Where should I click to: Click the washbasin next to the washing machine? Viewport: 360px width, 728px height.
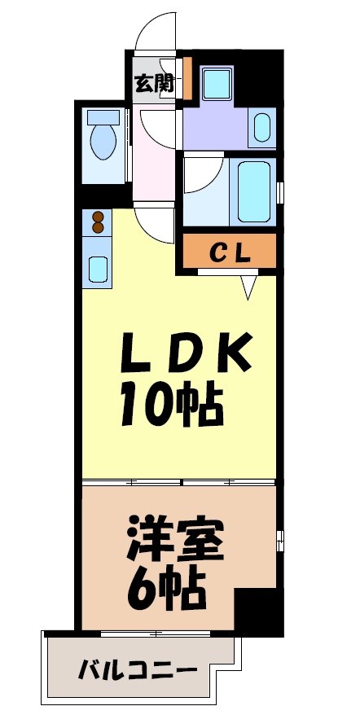(261, 127)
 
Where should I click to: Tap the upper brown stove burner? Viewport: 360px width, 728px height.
(99, 217)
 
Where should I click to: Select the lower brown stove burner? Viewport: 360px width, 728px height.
(99, 230)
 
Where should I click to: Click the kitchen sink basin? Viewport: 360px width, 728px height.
(98, 268)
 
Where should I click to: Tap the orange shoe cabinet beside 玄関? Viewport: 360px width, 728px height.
(187, 77)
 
